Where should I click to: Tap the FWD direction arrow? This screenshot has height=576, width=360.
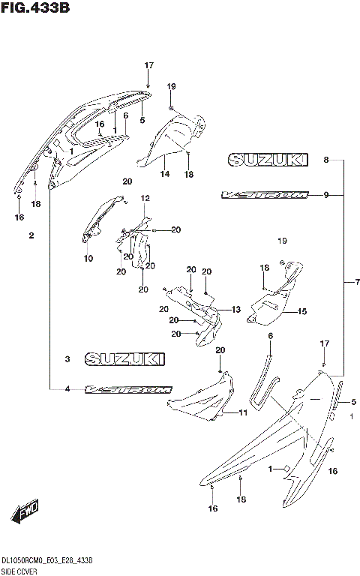point(25,513)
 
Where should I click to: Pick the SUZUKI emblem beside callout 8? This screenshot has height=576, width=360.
point(268,160)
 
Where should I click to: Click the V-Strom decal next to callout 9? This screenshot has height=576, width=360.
point(264,195)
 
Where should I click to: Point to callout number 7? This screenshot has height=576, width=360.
point(357,282)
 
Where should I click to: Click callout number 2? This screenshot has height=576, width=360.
point(31,236)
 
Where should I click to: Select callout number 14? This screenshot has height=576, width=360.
point(165,174)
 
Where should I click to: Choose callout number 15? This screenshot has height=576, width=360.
point(302,311)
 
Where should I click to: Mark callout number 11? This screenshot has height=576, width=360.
point(242,413)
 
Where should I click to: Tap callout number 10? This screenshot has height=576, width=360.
point(88,259)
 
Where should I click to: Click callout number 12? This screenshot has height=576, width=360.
point(145,199)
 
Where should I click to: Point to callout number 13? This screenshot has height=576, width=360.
point(235,310)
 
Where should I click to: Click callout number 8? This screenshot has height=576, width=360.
point(326,160)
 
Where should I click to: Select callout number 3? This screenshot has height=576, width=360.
point(67,360)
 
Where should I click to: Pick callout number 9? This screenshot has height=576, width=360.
point(326,196)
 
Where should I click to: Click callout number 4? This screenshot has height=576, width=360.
point(67,389)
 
